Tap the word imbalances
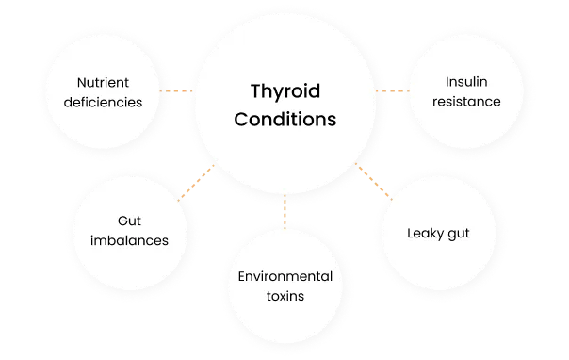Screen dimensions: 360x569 131,239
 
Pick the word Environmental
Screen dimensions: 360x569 284,276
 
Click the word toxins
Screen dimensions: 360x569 284,296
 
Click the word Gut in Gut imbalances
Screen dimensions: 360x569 131,220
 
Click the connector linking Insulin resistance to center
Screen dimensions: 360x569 389,90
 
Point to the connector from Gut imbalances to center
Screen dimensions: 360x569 197,187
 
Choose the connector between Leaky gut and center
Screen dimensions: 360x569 372,181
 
